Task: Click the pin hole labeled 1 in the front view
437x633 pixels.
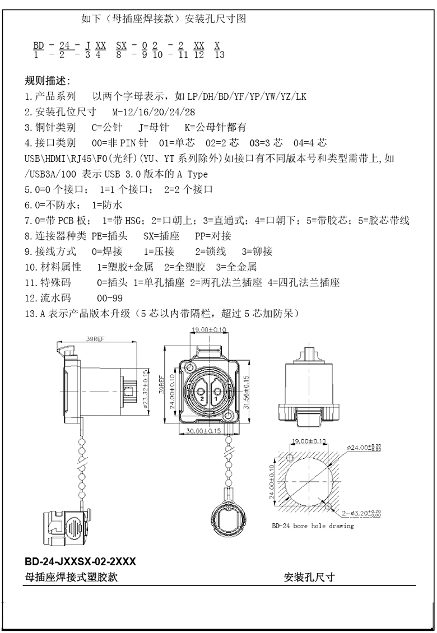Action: (x=216, y=390)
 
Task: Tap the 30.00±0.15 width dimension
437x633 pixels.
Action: (x=203, y=431)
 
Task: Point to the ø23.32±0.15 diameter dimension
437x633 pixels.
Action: (x=145, y=392)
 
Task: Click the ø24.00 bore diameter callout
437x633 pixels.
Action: (x=363, y=447)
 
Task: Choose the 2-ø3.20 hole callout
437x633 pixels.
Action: (x=361, y=513)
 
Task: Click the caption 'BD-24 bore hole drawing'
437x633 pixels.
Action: (x=313, y=526)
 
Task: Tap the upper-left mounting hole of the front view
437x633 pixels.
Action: (x=188, y=367)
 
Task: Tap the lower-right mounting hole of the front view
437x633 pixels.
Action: (x=229, y=416)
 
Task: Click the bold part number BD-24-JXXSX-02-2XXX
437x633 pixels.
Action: (x=80, y=561)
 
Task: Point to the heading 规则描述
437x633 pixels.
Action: (x=47, y=81)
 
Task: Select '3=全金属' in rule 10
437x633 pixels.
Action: (x=236, y=267)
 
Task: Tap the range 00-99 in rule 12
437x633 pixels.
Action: (x=110, y=299)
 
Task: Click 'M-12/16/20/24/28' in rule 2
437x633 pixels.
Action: (x=154, y=112)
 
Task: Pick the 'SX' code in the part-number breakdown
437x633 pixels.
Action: (x=121, y=45)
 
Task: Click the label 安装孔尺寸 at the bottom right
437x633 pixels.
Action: (x=309, y=578)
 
